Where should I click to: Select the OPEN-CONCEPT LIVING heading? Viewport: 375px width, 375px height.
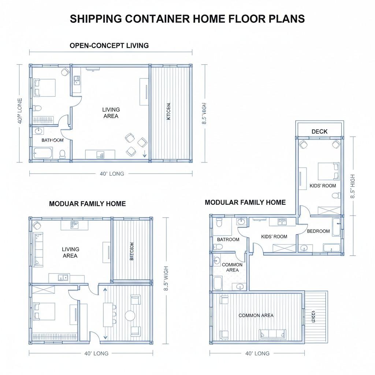[109, 46]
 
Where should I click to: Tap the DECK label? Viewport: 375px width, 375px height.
[319, 131]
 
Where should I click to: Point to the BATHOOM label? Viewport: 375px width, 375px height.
[52, 140]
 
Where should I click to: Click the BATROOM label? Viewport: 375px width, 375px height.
[228, 240]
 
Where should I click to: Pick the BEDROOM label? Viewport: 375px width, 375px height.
[318, 231]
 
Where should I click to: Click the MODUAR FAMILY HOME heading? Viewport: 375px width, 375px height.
[87, 204]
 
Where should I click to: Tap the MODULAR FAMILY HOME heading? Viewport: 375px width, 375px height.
[245, 202]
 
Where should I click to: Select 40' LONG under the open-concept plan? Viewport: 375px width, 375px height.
[112, 174]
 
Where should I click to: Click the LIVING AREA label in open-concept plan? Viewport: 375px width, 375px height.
[111, 113]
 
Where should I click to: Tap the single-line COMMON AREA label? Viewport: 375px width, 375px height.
[256, 315]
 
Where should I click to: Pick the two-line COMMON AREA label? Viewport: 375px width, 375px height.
[232, 267]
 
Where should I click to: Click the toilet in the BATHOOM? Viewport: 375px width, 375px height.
[62, 153]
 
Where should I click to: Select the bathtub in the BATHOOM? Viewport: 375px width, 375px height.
[43, 153]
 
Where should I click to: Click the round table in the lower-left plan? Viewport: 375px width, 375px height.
[130, 315]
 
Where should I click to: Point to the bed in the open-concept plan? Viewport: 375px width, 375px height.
[44, 88]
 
